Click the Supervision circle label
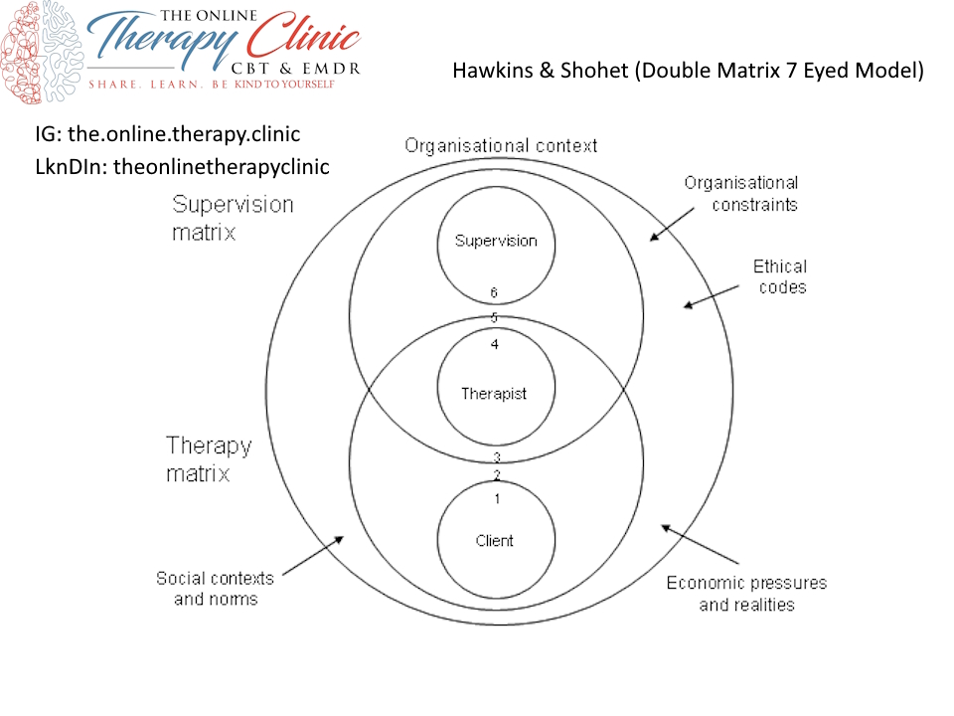[495, 241]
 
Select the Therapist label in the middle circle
[494, 394]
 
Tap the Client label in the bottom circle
[494, 541]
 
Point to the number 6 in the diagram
[494, 293]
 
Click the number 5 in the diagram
[494, 318]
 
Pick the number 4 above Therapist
[494, 345]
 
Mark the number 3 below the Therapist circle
[496, 457]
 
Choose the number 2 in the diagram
[496, 475]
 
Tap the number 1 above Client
[496, 498]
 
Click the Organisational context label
[501, 146]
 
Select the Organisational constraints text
[740, 194]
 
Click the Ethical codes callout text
[779, 276]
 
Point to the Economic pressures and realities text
[746, 594]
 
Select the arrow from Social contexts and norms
[310, 556]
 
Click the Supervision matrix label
[233, 218]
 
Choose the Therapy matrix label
[209, 458]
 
